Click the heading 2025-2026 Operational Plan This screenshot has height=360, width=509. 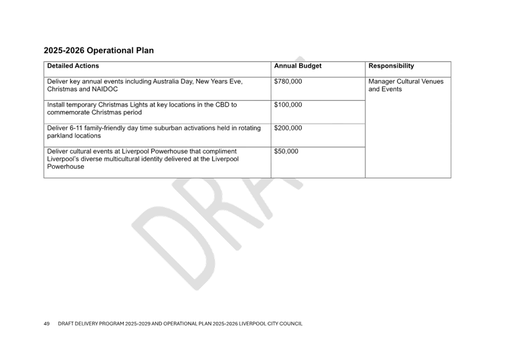[99, 51]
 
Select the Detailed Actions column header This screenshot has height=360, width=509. [73, 66]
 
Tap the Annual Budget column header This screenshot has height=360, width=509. [298, 66]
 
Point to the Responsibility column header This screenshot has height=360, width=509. [391, 66]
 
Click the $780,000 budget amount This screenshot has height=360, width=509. [288, 82]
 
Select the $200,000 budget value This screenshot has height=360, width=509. [288, 128]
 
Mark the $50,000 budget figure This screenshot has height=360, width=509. [286, 152]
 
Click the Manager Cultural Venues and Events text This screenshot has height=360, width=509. [406, 86]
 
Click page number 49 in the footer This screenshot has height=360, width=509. [47, 323]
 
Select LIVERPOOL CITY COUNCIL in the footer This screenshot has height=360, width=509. [270, 323]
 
